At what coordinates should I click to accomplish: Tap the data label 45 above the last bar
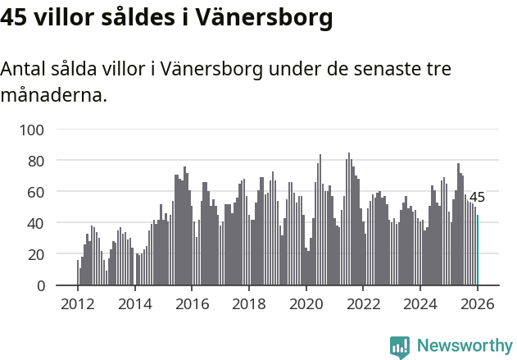pyautogui.click(x=477, y=197)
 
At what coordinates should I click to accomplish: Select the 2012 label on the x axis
pyautogui.click(x=78, y=305)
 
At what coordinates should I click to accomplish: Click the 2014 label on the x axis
pyautogui.click(x=135, y=305)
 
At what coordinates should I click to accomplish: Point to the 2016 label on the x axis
pyautogui.click(x=193, y=305)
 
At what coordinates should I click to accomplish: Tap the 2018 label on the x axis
pyautogui.click(x=249, y=305)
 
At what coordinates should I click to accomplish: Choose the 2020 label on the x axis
pyautogui.click(x=306, y=305)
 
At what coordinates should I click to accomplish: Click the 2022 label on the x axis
pyautogui.click(x=364, y=305)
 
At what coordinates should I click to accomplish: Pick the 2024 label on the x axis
pyautogui.click(x=421, y=305)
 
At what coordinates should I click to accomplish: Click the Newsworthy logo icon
pyautogui.click(x=400, y=346)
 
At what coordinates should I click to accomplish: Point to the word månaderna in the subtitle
pyautogui.click(x=53, y=96)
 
